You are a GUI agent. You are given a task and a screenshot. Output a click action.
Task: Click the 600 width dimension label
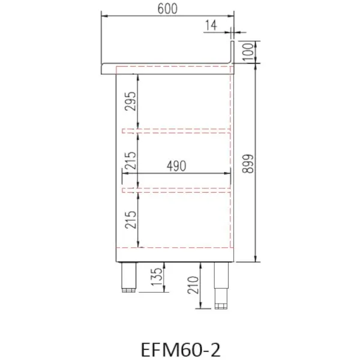coord(167,9)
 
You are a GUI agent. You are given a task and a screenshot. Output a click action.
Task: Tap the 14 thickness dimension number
coord(211,25)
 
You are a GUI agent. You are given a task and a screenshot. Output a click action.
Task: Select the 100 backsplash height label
coord(248,52)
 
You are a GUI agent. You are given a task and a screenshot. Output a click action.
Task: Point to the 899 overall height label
coord(248,163)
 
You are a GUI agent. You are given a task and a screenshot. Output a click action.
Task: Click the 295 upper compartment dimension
coord(130,101)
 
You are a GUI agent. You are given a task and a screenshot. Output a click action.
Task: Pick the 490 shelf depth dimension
coord(176,166)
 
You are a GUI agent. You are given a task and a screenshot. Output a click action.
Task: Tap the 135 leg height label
coord(157,277)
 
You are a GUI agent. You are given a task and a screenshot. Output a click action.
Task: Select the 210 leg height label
coord(193,285)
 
